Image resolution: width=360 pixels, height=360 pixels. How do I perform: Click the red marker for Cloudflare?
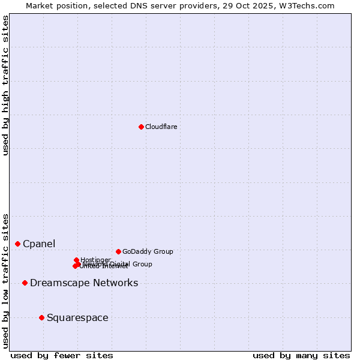click(x=141, y=127)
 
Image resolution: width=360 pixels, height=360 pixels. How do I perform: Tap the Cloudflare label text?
click(x=161, y=127)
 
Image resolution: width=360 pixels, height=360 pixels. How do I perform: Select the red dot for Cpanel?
click(x=18, y=244)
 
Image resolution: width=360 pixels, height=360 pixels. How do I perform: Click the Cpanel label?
click(x=39, y=244)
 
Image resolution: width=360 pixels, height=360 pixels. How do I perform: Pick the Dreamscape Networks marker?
click(x=25, y=283)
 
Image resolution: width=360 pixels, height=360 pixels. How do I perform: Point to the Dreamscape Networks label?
click(x=84, y=283)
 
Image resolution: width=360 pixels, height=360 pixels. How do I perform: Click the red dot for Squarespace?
click(x=41, y=317)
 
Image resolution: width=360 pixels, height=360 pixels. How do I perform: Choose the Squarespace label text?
click(x=77, y=317)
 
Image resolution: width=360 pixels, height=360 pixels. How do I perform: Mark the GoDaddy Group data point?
click(x=118, y=251)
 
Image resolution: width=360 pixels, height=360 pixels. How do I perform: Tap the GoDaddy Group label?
click(x=148, y=251)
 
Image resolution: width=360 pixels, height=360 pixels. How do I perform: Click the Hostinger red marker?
click(x=77, y=260)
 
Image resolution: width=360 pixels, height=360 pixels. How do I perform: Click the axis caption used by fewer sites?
click(x=62, y=355)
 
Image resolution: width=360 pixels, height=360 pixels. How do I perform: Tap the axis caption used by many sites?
click(x=301, y=355)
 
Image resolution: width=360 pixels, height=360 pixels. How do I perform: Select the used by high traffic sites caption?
click(x=6, y=86)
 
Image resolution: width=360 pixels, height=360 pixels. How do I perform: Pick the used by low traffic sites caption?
click(x=6, y=281)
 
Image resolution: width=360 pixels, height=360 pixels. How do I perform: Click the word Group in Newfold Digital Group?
click(x=142, y=264)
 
